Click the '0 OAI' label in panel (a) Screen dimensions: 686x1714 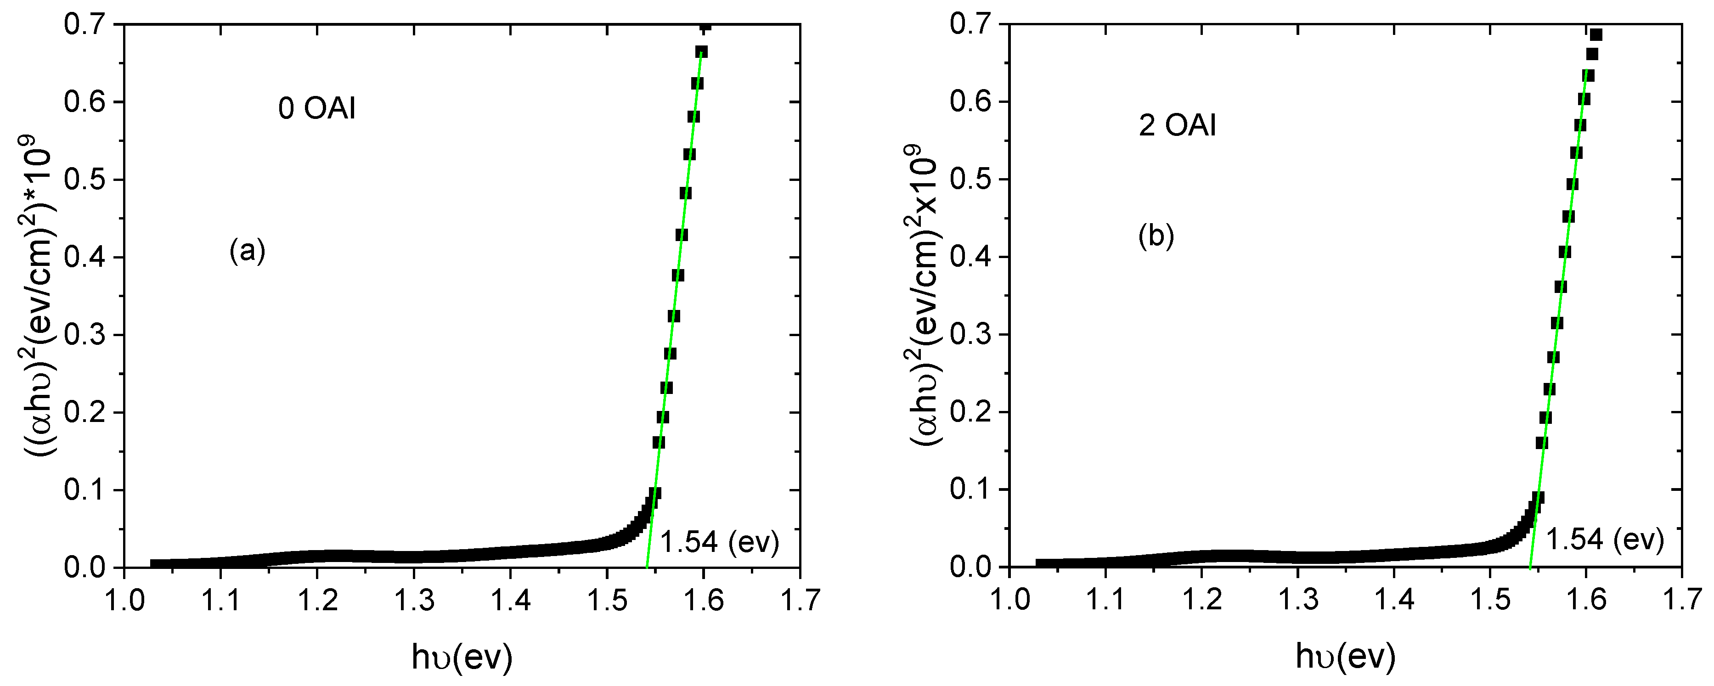[x=317, y=108]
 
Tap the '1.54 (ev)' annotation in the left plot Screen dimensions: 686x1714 [x=719, y=542]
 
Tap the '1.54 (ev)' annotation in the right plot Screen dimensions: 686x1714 [x=1604, y=539]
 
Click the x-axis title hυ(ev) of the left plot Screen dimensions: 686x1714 [x=462, y=658]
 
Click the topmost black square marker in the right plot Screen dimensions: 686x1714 [x=1596, y=34]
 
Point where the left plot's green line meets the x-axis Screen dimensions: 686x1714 [x=647, y=567]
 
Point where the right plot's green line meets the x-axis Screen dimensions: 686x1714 [x=1530, y=567]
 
